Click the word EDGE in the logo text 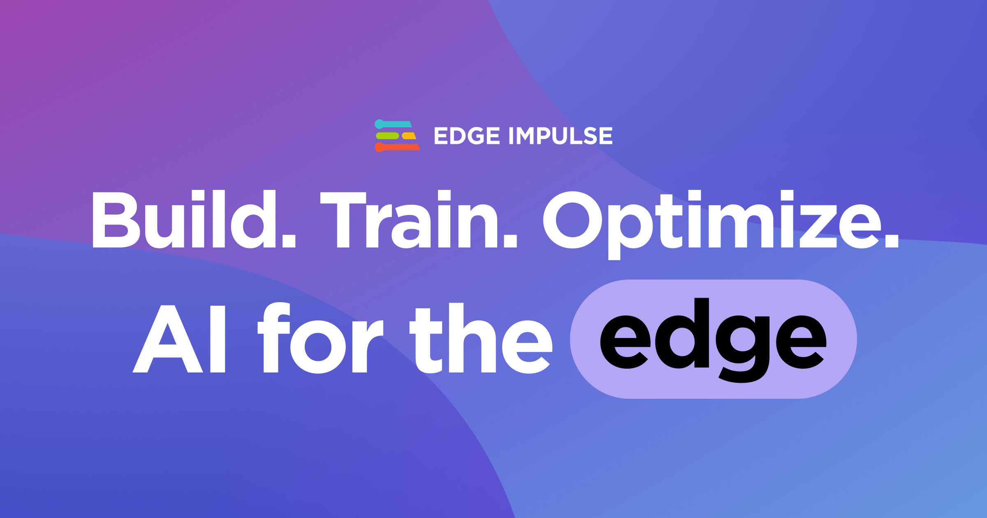pos(467,136)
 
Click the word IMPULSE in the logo pos(561,136)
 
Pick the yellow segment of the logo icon pos(409,136)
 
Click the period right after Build pos(289,241)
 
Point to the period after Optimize pos(892,241)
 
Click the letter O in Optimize pos(572,220)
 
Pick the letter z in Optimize pos(818,226)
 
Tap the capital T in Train pos(343,220)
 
